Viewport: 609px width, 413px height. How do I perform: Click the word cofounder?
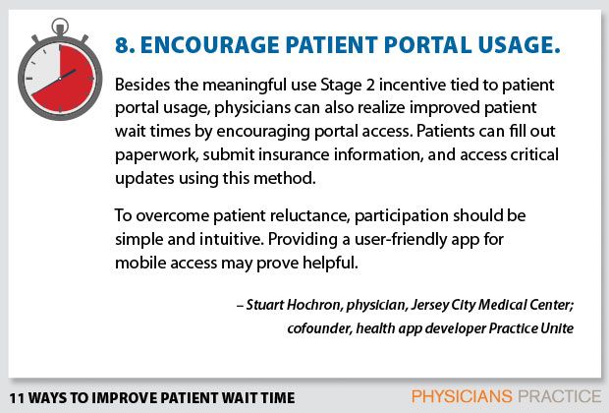[320, 327]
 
